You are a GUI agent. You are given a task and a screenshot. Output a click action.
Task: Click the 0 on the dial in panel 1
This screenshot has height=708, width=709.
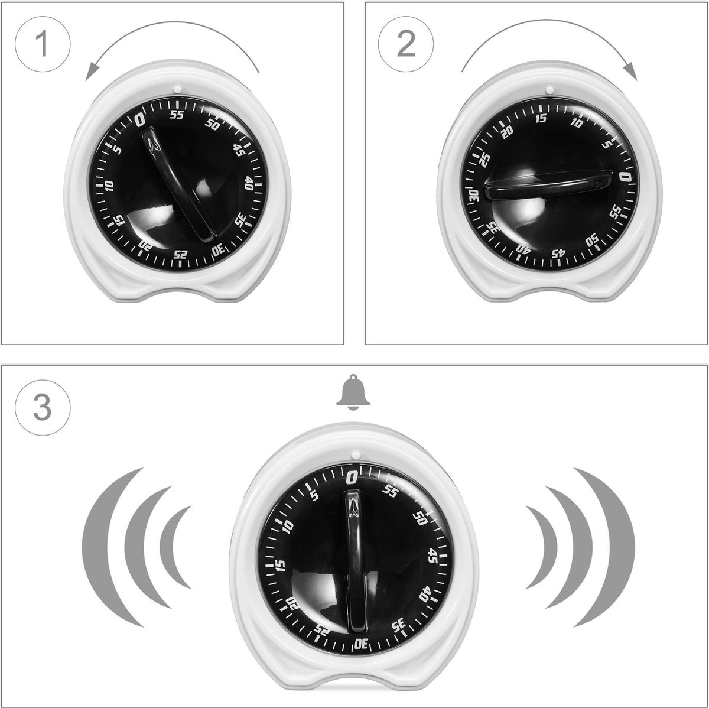(140, 120)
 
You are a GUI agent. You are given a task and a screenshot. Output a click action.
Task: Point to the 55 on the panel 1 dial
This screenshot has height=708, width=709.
(177, 115)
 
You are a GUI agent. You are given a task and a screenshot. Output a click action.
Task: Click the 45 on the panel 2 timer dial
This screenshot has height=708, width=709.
(558, 254)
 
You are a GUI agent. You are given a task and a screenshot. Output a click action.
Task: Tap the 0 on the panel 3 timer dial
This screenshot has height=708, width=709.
(353, 476)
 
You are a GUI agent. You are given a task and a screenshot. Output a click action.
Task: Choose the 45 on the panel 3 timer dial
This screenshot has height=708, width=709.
(432, 556)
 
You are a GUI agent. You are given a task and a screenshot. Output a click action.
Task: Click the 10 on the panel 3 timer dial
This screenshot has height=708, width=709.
(288, 525)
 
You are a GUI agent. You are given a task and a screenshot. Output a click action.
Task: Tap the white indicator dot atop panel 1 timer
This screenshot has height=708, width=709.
(177, 89)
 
